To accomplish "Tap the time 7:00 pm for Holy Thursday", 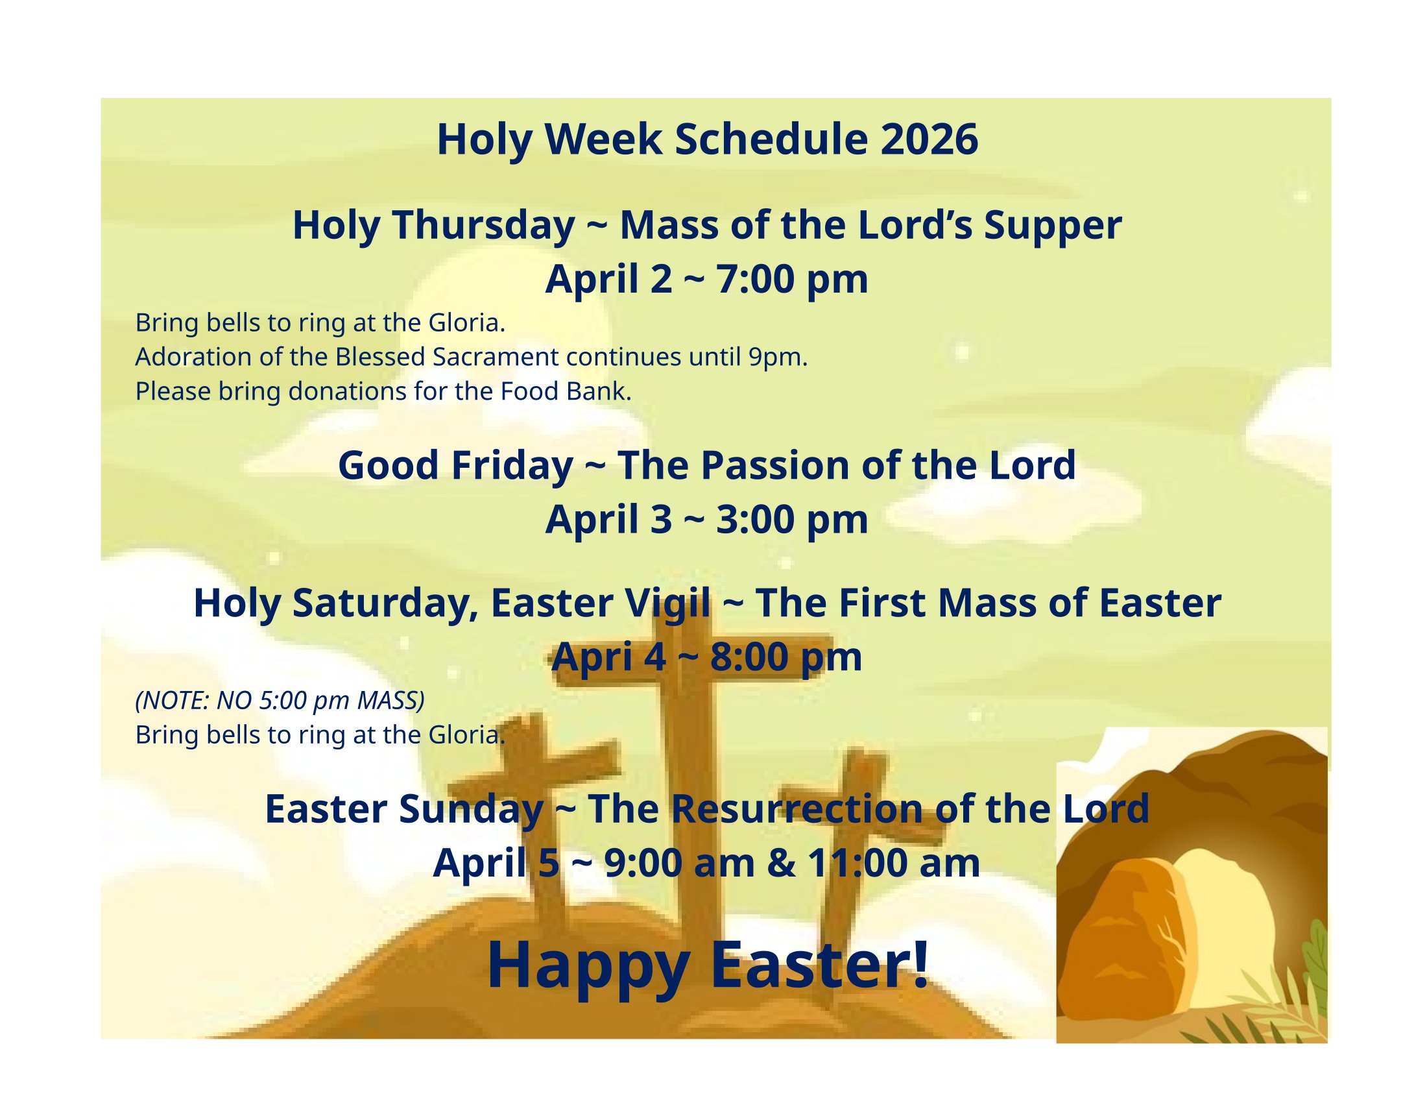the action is click(x=792, y=280).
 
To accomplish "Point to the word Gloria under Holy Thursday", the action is click(x=466, y=323).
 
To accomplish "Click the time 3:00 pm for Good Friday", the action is click(x=792, y=521).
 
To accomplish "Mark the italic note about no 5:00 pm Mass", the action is click(x=280, y=701).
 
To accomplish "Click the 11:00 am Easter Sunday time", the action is click(x=894, y=864).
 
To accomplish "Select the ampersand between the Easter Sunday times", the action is click(x=782, y=864).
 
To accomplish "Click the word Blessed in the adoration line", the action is click(x=380, y=358).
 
